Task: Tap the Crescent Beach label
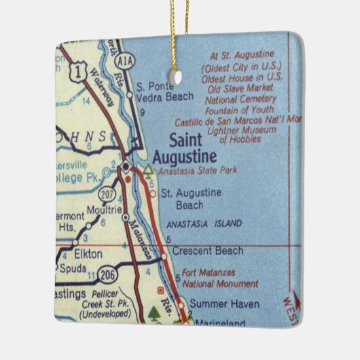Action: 207,251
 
